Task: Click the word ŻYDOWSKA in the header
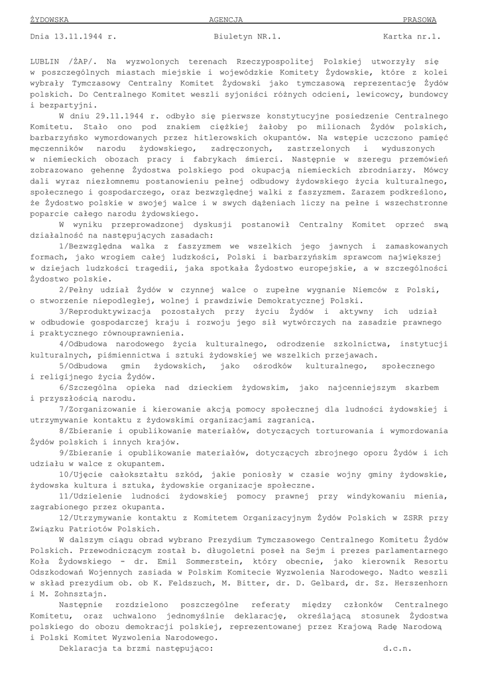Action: (x=50, y=20)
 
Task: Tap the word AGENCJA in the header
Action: (x=226, y=20)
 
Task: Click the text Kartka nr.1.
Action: (x=412, y=37)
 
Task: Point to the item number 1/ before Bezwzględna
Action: (x=64, y=246)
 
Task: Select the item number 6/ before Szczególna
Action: (x=64, y=387)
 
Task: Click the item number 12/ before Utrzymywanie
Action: (x=66, y=518)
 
